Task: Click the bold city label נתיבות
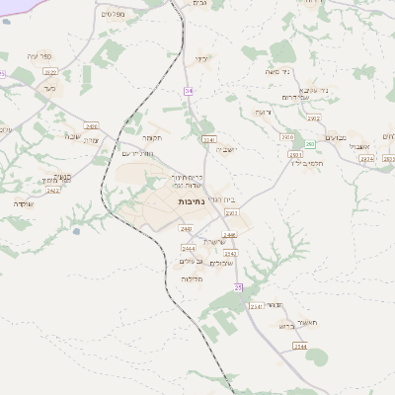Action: click(x=192, y=201)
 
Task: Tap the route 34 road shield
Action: click(x=188, y=91)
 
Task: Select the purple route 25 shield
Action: click(x=238, y=287)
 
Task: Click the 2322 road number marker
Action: click(x=51, y=71)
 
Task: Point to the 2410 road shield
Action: click(x=92, y=126)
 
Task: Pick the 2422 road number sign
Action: click(x=53, y=191)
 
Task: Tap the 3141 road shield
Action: click(x=208, y=140)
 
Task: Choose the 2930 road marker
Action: click(x=287, y=137)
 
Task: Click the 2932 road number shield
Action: click(x=314, y=118)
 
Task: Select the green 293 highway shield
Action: click(x=310, y=144)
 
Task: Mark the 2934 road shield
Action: click(x=366, y=158)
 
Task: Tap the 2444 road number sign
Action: click(x=189, y=248)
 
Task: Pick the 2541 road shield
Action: click(x=256, y=307)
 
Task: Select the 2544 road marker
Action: click(x=300, y=347)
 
